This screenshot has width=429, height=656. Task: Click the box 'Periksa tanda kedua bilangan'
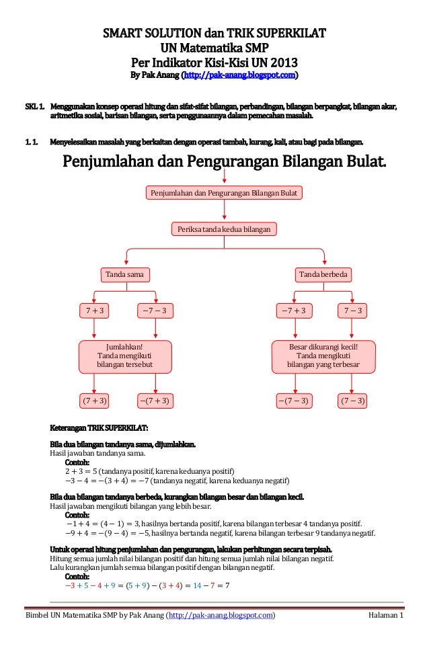coord(224,230)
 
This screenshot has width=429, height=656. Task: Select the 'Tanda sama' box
coord(126,274)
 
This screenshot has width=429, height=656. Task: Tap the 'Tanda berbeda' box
coord(325,274)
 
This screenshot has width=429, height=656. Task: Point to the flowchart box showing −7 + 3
coord(294,311)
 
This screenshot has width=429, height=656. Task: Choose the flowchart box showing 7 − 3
coord(352,311)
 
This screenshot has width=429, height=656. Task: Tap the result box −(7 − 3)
coord(294,401)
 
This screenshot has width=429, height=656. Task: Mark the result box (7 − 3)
coord(352,401)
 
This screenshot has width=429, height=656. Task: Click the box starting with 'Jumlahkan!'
coord(125,356)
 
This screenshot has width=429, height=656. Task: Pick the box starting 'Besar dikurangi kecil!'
coord(323,356)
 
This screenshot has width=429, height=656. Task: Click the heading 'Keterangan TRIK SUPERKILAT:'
coord(100,427)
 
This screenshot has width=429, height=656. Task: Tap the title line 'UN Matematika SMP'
coord(214,47)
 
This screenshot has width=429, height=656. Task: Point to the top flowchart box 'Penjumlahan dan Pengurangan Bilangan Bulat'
coord(224,194)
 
